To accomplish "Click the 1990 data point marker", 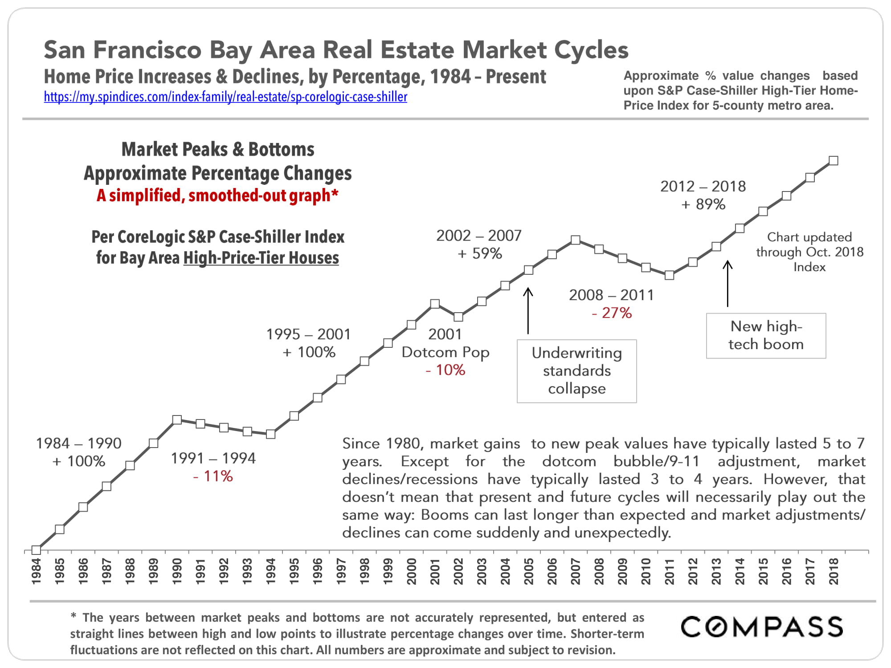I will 177,420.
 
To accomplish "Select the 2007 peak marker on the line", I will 576,240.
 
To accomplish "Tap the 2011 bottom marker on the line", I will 669,275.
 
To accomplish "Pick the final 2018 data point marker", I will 834,161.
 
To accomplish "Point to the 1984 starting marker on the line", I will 37,550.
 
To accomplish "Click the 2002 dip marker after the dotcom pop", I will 458,317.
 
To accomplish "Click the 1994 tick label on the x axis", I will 270,571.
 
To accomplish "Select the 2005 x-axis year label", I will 528,571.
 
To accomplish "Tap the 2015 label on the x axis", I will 763,571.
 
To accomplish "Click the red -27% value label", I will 612,313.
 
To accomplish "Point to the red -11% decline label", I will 213,477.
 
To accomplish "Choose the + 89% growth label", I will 703,204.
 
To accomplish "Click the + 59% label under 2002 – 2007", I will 479,254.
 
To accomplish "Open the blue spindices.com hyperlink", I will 225,97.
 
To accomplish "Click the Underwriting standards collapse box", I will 576,371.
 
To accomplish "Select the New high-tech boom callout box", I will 766,335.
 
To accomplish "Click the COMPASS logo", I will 762,627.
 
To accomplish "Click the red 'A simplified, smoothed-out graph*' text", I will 217,196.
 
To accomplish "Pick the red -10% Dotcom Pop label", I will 445,370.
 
